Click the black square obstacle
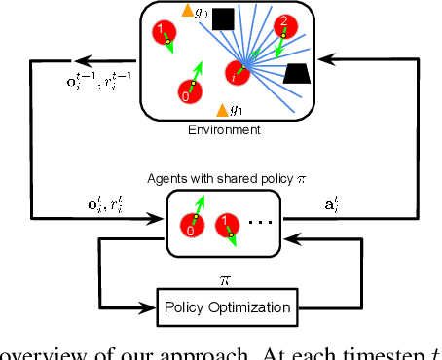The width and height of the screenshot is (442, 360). click(223, 18)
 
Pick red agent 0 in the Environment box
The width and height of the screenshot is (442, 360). click(188, 92)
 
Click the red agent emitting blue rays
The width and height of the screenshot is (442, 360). click(237, 71)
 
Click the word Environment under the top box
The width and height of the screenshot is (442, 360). click(225, 129)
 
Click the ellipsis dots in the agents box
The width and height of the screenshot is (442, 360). click(259, 223)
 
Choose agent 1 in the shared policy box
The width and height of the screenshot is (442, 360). click(226, 226)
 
